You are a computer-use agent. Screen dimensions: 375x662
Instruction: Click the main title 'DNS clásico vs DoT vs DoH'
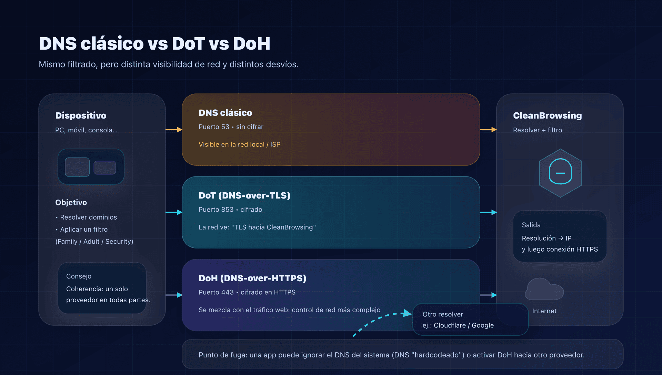pyautogui.click(x=154, y=44)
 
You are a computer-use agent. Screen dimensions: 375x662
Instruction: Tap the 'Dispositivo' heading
pyautogui.click(x=81, y=115)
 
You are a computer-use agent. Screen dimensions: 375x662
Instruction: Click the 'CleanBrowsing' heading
pyautogui.click(x=547, y=115)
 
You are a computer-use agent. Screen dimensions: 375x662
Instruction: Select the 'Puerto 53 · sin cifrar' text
pyautogui.click(x=231, y=127)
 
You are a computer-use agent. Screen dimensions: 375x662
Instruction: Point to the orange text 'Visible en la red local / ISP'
pyautogui.click(x=239, y=144)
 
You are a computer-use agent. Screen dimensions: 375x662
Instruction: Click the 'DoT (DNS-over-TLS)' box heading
pyautogui.click(x=244, y=195)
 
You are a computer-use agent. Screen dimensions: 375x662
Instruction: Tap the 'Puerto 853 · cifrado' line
pyautogui.click(x=230, y=210)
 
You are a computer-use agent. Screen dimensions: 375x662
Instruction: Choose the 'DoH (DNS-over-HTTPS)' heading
pyautogui.click(x=252, y=278)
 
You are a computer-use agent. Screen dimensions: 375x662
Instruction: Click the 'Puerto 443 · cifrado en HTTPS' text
pyautogui.click(x=247, y=292)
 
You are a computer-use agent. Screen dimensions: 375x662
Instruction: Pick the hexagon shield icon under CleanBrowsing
pyautogui.click(x=560, y=173)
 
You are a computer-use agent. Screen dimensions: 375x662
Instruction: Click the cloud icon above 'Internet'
pyautogui.click(x=544, y=290)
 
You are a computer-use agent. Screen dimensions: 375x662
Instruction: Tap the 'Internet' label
pyautogui.click(x=544, y=311)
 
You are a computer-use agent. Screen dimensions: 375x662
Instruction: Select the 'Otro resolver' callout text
pyautogui.click(x=443, y=314)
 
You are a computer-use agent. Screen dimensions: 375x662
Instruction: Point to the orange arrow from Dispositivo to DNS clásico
pyautogui.click(x=174, y=130)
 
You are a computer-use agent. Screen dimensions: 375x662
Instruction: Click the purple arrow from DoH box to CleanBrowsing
pyautogui.click(x=488, y=295)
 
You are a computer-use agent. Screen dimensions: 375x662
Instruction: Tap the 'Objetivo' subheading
pyautogui.click(x=71, y=203)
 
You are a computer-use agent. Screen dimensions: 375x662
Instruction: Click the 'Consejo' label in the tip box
pyautogui.click(x=79, y=276)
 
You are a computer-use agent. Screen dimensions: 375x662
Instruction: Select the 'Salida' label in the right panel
pyautogui.click(x=531, y=225)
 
